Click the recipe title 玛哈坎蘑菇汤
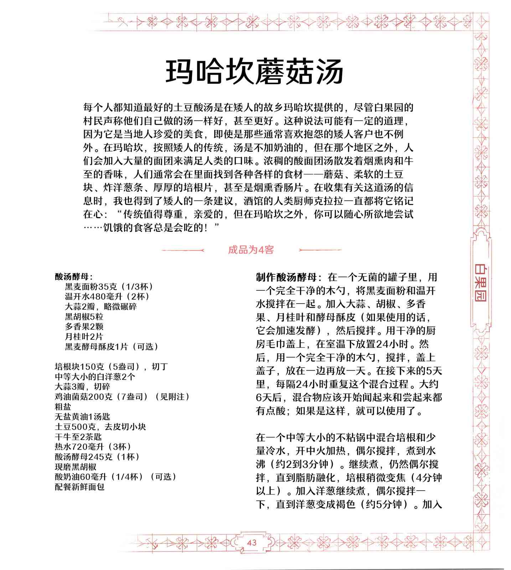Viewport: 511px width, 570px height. coord(254,72)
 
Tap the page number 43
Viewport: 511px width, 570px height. coord(252,543)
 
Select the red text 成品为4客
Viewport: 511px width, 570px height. coord(251,250)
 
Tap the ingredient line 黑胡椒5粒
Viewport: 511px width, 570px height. coord(84,317)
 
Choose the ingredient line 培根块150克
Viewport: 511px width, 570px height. coord(111,367)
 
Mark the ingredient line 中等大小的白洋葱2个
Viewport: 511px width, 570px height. coord(95,377)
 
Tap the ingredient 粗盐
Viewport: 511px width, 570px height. coord(63,406)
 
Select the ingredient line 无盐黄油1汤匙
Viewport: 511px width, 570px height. coord(83,416)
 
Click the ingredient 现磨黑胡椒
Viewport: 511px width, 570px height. coord(76,467)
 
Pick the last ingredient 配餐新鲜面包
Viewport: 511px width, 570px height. coord(79,487)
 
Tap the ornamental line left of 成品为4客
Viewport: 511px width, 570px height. coord(183,250)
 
